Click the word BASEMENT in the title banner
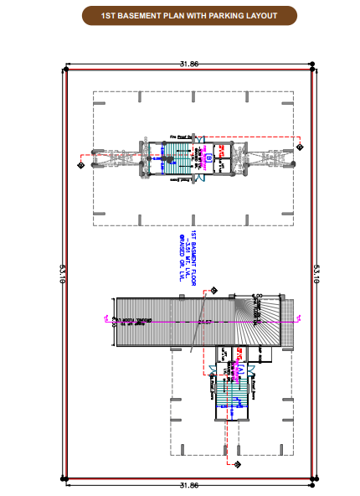click(132, 15)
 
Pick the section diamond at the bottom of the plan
click(238, 463)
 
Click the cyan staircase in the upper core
click(177, 157)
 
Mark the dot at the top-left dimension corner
click(66, 65)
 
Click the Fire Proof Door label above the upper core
click(181, 135)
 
